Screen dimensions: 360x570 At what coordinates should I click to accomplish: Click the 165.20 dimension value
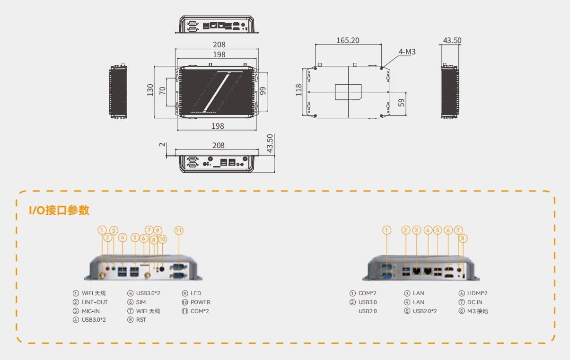(x=348, y=41)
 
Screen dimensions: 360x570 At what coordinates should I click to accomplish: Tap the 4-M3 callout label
(x=407, y=52)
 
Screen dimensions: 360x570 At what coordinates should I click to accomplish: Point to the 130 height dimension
(x=150, y=90)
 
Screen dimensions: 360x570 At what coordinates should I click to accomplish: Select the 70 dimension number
(x=162, y=90)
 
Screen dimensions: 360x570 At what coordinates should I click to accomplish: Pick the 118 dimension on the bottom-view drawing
(x=299, y=90)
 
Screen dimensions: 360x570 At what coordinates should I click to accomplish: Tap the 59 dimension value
(x=401, y=103)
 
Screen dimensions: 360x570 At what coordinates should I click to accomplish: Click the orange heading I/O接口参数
(x=60, y=211)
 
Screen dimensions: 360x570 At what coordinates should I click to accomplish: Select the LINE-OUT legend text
(x=95, y=302)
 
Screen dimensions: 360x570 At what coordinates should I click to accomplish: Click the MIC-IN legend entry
(x=91, y=311)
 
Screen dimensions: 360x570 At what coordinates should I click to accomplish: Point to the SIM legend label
(x=140, y=302)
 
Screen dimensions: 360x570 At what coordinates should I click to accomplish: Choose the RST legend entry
(x=141, y=320)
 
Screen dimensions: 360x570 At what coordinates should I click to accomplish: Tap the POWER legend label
(x=201, y=302)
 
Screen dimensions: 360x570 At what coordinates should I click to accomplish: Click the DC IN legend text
(x=474, y=302)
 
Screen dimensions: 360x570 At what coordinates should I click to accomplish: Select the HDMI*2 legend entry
(x=477, y=293)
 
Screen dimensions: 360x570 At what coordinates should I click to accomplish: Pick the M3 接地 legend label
(x=477, y=311)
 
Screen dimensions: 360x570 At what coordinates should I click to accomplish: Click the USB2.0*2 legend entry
(x=425, y=311)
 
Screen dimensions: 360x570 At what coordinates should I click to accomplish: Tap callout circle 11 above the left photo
(x=179, y=230)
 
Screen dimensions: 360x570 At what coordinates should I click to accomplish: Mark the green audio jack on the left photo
(x=114, y=268)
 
